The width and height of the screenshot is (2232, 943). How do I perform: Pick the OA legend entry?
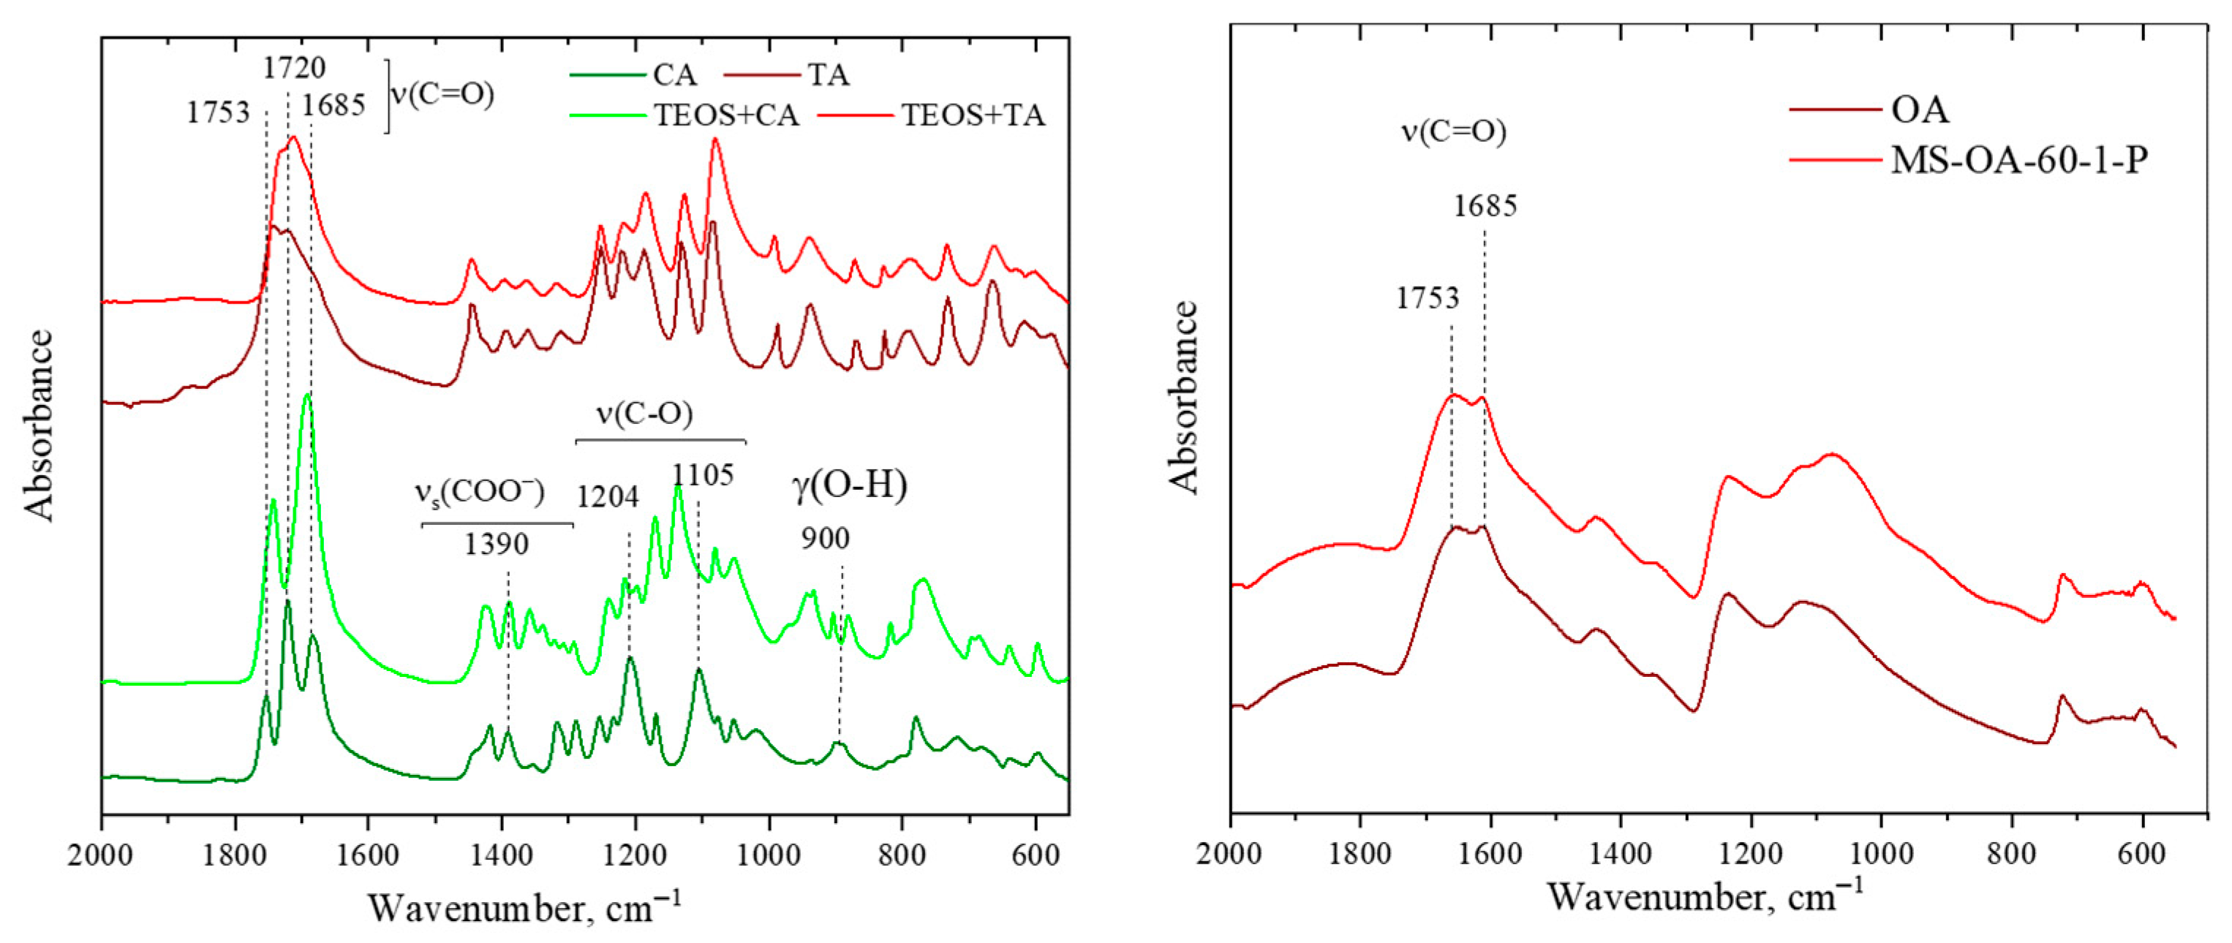click(x=1920, y=110)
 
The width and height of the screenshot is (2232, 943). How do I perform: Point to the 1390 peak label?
click(x=497, y=545)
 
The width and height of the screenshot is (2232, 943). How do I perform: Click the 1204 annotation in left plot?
click(x=608, y=497)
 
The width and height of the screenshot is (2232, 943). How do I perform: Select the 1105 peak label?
click(x=704, y=475)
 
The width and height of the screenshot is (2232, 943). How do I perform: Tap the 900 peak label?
click(x=825, y=539)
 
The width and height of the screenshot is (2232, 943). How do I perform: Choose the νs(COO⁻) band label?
click(x=479, y=493)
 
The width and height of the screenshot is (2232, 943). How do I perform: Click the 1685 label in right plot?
click(x=1486, y=206)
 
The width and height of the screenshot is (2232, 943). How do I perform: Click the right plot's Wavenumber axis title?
click(x=1704, y=897)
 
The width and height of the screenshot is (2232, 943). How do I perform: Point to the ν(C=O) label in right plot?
click(x=1454, y=132)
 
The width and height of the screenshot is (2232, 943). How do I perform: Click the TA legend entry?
click(x=829, y=76)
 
